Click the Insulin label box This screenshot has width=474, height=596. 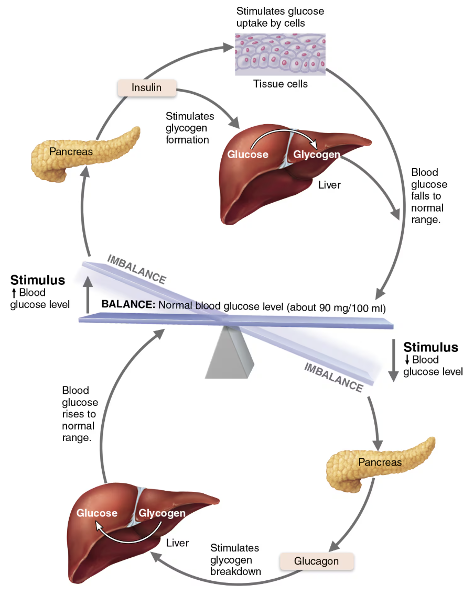point(147,87)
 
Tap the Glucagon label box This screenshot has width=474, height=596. point(316,561)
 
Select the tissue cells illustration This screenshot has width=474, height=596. point(279,54)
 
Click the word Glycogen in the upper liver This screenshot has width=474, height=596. point(316,154)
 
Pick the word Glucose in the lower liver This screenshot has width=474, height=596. point(97,513)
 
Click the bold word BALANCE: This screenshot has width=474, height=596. point(128,304)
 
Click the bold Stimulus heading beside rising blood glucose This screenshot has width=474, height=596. point(38,280)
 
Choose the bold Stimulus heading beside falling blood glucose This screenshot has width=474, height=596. point(430,347)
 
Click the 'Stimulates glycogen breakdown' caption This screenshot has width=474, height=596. point(235,559)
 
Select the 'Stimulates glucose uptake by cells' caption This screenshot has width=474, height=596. point(280,17)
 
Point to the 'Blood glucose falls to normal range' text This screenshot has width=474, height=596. point(429,196)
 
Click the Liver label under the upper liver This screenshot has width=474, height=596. point(329,184)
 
